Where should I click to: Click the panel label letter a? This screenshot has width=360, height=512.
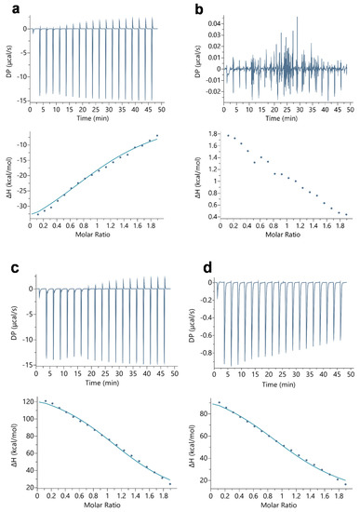tap(5, 7)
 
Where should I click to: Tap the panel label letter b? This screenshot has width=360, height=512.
tap(187, 7)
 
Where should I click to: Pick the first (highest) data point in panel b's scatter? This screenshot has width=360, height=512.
tap(228, 135)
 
